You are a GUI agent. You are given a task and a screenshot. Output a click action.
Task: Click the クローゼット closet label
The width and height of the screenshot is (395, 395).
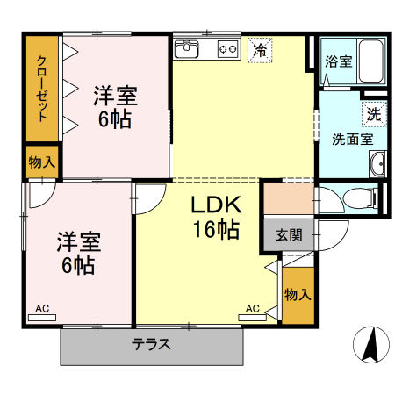point(41,87)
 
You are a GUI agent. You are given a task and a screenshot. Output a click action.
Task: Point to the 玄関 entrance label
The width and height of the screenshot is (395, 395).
point(288,234)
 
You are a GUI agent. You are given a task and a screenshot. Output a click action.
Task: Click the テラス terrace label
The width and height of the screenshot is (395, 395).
point(151,344)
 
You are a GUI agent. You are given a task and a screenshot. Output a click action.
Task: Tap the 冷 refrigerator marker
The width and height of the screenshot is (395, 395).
point(259,50)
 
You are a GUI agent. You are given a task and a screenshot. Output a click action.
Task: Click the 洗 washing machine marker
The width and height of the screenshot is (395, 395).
point(374,113)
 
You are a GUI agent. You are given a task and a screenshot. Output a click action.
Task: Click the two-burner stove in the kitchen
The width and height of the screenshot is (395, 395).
point(227,49)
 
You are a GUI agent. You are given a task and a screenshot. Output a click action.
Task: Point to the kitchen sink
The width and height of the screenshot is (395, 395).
point(190,49)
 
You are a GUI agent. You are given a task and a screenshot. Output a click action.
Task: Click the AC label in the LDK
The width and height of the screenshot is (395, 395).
point(252,308)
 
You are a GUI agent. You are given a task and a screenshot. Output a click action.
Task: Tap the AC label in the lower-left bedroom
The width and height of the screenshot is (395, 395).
point(42,308)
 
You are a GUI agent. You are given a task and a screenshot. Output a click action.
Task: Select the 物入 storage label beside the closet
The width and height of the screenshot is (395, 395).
point(41,162)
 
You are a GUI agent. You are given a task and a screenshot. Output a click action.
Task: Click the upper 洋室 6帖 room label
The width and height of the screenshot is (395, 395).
point(114,106)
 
